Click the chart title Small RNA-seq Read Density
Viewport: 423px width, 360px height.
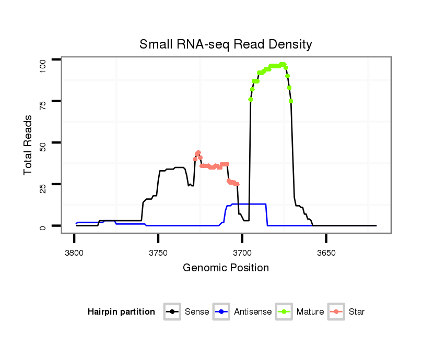tap(226, 44)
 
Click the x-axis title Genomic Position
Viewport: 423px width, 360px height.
tap(226, 268)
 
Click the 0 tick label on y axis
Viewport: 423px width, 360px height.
tap(43, 226)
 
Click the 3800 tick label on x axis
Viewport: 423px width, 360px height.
tap(74, 252)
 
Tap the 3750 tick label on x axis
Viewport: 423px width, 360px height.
tap(158, 252)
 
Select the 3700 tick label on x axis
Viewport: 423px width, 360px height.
tap(242, 252)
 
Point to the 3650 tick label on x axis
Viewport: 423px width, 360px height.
tap(326, 252)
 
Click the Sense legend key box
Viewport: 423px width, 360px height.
tap(172, 312)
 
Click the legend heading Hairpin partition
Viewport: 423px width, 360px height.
tap(121, 312)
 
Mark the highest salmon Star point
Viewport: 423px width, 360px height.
tap(198, 152)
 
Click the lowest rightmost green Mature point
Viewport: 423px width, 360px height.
tap(291, 101)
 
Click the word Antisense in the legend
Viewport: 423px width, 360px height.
tap(253, 312)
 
